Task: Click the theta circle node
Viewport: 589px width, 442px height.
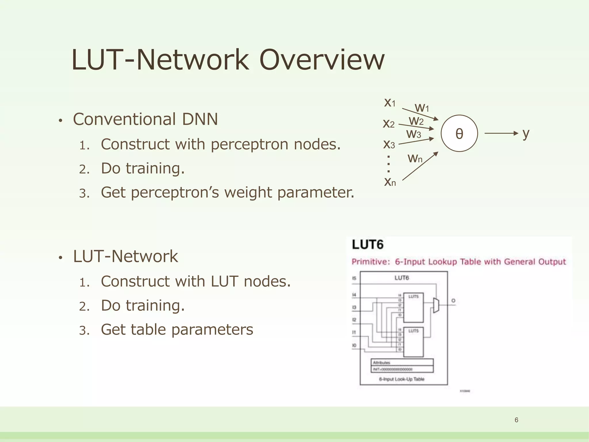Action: click(x=459, y=133)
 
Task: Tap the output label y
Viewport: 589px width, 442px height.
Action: click(x=526, y=133)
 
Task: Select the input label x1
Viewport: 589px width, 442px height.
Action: click(x=390, y=102)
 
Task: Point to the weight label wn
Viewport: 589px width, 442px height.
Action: click(x=415, y=158)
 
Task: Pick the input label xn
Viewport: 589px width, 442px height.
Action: click(x=390, y=182)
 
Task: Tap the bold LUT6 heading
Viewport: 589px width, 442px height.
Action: click(x=368, y=245)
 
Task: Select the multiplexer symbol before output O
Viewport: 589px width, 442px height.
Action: click(x=436, y=305)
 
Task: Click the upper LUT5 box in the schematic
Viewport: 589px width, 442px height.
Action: click(x=413, y=307)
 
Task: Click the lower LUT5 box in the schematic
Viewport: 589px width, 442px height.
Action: click(x=413, y=342)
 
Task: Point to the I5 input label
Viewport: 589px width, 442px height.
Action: click(x=354, y=278)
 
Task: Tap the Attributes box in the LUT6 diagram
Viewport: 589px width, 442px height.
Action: click(x=402, y=363)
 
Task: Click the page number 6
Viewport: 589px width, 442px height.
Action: click(x=516, y=420)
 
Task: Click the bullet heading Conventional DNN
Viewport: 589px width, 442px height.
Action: click(x=145, y=119)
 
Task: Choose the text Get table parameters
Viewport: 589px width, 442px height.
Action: click(x=177, y=329)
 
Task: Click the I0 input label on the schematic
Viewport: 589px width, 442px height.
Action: click(x=354, y=345)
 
